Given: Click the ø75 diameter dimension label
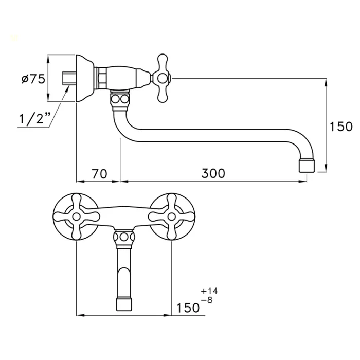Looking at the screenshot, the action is point(33,79).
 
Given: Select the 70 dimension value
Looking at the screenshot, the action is point(100,174).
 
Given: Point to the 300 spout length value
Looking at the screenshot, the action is point(213,173).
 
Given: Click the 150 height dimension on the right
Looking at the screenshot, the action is point(341,127).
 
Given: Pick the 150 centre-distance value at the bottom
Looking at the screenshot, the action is point(188,308).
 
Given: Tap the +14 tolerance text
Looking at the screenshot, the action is point(209,291).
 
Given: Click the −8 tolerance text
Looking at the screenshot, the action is point(207,300).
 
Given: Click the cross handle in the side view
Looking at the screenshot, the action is point(163,78).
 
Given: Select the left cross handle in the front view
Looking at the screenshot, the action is point(76,217).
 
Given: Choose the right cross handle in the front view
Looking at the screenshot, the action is point(171,217).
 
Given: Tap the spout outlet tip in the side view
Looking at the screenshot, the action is point(307,166).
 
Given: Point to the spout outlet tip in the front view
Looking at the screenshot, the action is point(124,304).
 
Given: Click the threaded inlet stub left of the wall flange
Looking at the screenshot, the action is point(69,78).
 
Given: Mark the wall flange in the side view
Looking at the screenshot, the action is point(85,78).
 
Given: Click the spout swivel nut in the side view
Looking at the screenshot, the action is point(120,100).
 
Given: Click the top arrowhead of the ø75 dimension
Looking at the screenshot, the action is point(48,59).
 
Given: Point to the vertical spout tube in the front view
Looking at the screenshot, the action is point(124,273).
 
